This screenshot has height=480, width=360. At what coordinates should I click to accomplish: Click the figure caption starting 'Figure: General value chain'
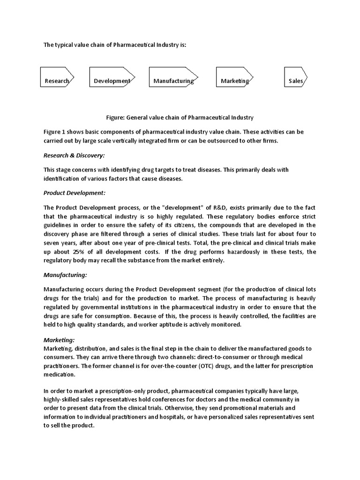(180, 117)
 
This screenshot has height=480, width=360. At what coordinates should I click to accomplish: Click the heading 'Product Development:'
(75, 193)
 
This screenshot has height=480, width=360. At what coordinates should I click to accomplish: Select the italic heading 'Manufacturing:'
(65, 275)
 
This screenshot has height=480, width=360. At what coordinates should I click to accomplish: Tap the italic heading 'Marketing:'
(59, 340)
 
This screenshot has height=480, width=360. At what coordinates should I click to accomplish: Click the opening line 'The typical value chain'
(118, 45)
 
